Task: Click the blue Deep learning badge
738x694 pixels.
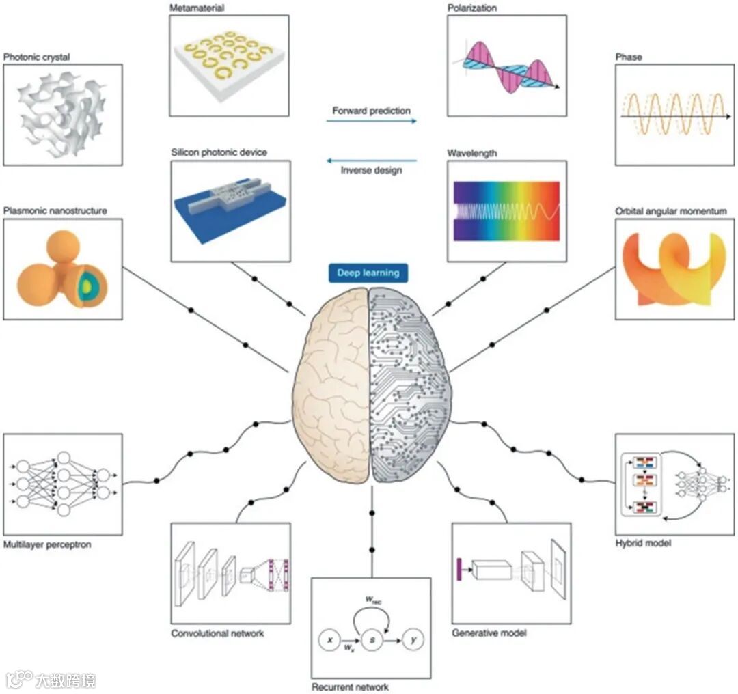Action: [368, 273]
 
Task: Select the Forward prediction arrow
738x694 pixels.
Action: [371, 121]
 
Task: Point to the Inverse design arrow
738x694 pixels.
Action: [371, 161]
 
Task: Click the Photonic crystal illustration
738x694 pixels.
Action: [62, 115]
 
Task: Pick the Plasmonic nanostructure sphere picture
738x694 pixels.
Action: [62, 269]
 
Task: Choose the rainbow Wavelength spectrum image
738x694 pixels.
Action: [506, 211]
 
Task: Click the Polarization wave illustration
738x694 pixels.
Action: [506, 66]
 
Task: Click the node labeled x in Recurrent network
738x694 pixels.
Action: [330, 640]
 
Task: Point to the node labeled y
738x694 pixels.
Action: [412, 640]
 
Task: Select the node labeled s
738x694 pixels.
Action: [371, 640]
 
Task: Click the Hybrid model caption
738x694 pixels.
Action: [643, 543]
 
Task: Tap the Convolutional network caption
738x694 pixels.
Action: [217, 633]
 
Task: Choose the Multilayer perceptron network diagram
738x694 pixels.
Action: [62, 484]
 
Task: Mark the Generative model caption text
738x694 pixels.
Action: [489, 633]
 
